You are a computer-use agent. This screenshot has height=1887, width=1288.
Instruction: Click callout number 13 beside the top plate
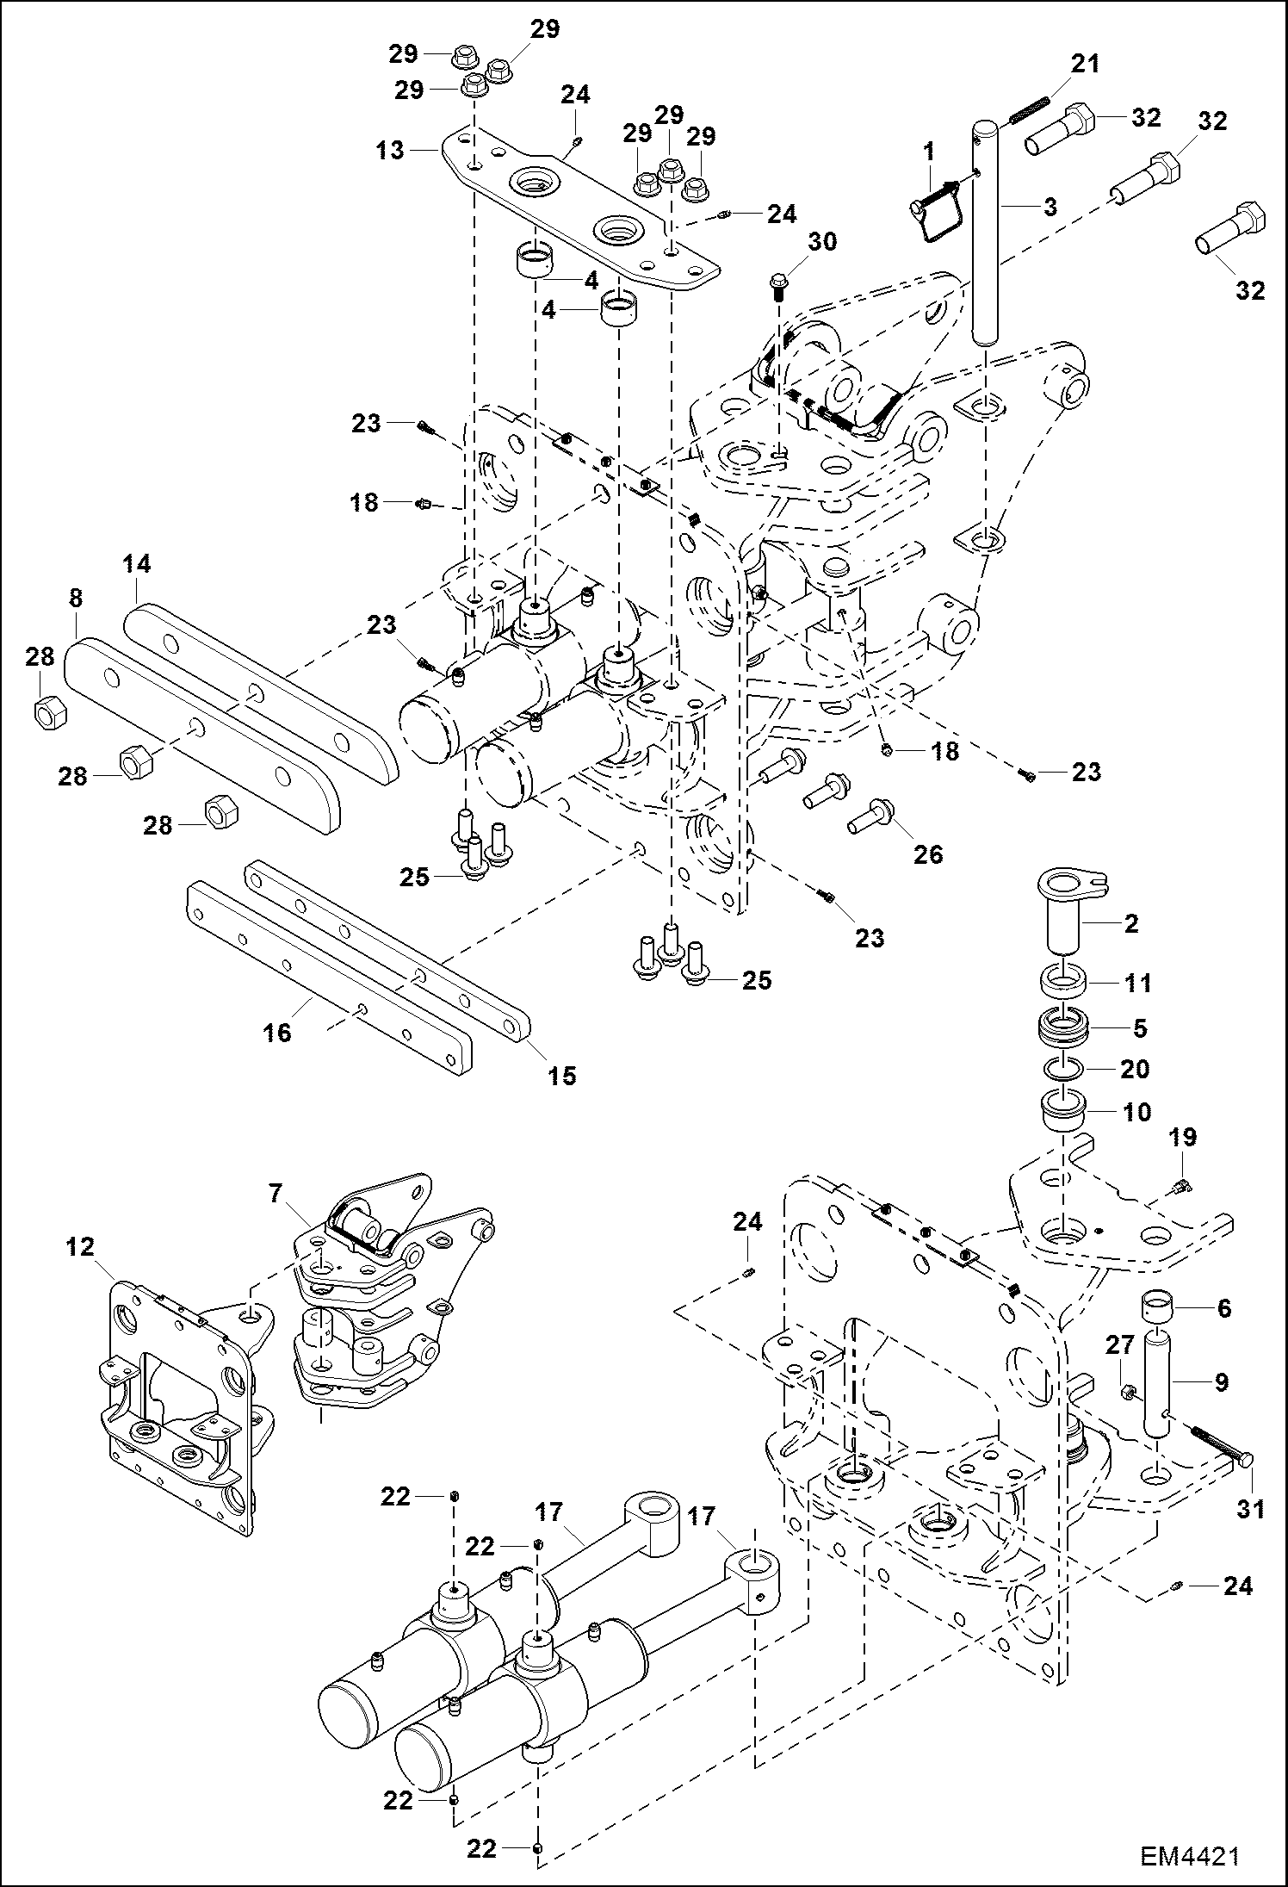click(390, 150)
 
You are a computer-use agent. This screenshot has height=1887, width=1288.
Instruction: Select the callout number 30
click(822, 242)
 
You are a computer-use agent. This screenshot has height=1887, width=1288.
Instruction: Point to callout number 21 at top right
click(1085, 64)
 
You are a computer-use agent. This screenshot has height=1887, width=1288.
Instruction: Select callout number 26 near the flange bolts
click(928, 853)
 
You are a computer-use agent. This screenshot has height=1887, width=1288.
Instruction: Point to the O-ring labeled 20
click(1064, 1069)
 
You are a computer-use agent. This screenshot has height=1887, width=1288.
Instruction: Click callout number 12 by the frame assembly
click(80, 1246)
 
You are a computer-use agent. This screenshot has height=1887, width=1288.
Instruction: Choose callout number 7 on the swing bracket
click(276, 1194)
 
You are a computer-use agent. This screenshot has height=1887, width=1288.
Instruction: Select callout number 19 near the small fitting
click(1182, 1137)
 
